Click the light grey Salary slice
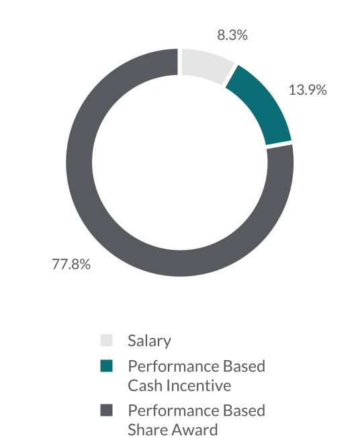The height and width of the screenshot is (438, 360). [x=206, y=64]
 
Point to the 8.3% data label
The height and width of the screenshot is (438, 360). [x=232, y=35]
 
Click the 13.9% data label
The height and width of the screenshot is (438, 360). [x=308, y=90]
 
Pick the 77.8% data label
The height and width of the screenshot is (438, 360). [x=71, y=264]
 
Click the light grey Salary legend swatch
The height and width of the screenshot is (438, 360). [x=106, y=341]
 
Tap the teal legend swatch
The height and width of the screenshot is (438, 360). [x=106, y=366]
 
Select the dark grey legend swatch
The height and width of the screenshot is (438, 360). [x=106, y=410]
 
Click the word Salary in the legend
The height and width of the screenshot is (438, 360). [x=149, y=341]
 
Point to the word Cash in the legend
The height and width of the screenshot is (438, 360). [x=145, y=386]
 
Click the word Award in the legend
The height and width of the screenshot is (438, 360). [x=194, y=430]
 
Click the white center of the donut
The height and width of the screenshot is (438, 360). [x=179, y=163]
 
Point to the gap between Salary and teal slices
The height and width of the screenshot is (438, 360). [x=230, y=75]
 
